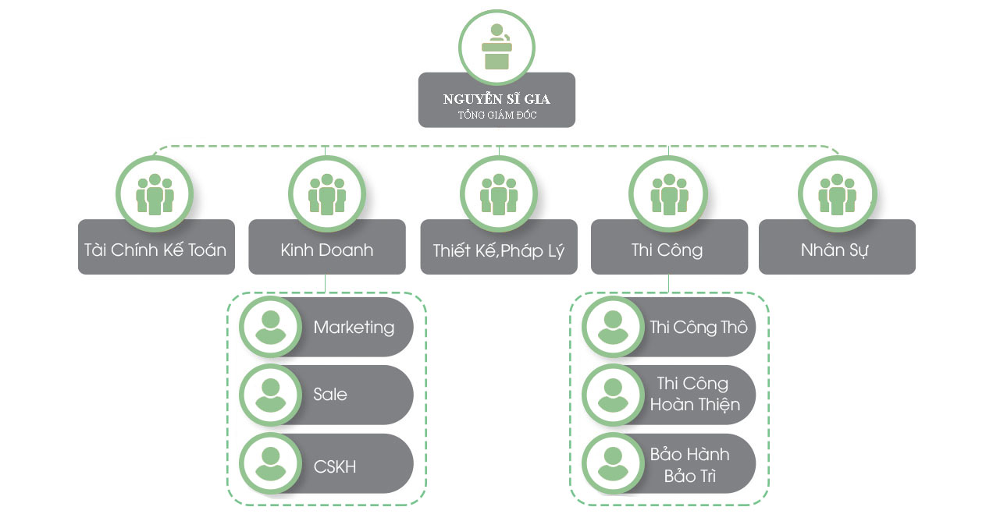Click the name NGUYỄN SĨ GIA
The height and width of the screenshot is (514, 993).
tap(496, 99)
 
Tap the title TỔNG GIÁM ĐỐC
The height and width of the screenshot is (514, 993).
tap(496, 115)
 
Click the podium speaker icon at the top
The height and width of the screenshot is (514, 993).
tap(496, 47)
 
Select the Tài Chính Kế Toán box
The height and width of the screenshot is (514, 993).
tap(155, 250)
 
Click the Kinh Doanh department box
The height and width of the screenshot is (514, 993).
tap(326, 250)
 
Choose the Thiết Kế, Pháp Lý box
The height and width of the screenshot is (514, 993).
tap(498, 250)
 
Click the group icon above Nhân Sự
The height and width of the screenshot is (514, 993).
tap(837, 193)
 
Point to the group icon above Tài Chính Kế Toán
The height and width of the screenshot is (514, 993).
tap(155, 193)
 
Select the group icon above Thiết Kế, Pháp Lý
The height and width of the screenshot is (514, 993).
tap(498, 193)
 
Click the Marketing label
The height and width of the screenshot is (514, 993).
tap(354, 327)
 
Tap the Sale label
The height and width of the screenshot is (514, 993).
tap(330, 394)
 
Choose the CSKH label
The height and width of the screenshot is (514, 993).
tap(335, 466)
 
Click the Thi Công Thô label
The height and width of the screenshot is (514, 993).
tap(698, 327)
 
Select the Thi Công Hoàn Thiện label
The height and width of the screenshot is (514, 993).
tap(694, 394)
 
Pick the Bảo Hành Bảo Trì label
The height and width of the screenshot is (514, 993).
tap(689, 464)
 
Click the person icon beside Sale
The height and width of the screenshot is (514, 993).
tap(270, 395)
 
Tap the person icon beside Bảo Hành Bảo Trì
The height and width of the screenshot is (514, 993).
tap(613, 463)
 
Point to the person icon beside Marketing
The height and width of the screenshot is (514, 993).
tap(270, 327)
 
